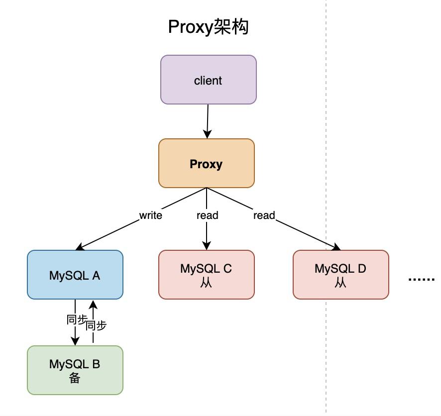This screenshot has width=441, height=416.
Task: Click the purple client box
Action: pos(209,80)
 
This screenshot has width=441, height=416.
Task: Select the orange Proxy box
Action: pos(207,163)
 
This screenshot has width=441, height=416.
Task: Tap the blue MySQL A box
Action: pos(75,275)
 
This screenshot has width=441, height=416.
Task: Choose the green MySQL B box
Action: pos(75,370)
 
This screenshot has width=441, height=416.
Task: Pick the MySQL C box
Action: pos(207,275)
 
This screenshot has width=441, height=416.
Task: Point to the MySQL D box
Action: pos(341,275)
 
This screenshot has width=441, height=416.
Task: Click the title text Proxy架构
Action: pos(208,27)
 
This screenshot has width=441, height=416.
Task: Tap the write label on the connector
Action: pos(151,215)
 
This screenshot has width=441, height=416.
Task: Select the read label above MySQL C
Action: pos(207,215)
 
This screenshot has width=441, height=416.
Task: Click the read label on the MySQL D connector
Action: pos(264,215)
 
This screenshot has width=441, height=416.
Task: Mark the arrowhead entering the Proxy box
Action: pos(207,134)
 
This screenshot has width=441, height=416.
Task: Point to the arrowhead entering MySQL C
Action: pos(207,246)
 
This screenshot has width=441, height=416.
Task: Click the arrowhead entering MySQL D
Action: pos(336,247)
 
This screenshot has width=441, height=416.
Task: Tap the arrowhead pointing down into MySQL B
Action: pos(75,341)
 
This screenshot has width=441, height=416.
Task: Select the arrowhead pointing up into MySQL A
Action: pos(93,305)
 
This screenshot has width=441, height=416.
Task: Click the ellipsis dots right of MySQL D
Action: pos(421,279)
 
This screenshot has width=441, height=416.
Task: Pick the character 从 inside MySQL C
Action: pos(206,283)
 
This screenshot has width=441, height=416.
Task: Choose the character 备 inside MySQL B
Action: pos(75,378)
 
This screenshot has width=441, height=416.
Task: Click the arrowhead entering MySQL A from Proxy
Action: pos(80,247)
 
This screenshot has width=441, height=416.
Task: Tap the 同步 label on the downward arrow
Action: pos(76,320)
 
